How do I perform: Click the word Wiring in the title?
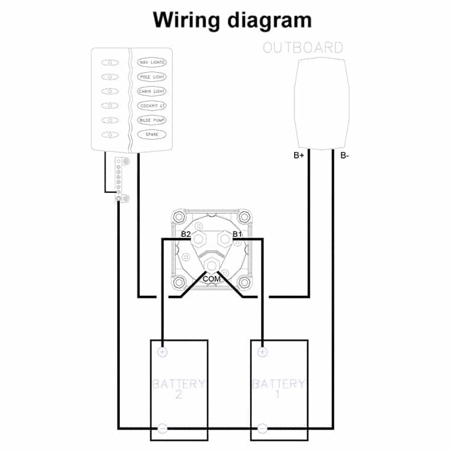186,20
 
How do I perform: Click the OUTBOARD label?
303,48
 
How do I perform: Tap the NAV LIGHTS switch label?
152,62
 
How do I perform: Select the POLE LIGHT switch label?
152,77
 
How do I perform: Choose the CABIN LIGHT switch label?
152,92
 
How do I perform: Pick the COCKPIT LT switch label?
152,106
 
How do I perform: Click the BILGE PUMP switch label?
152,120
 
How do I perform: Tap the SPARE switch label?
152,134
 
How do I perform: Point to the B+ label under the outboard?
299,155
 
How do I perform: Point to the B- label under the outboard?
345,155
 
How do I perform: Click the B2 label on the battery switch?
186,234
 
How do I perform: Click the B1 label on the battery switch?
237,234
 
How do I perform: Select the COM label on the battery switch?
212,279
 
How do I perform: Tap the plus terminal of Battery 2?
163,352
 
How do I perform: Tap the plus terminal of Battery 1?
262,352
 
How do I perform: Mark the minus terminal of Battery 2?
163,428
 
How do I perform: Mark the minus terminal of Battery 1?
262,428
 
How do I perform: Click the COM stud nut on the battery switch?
212,265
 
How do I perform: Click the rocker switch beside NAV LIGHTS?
110,63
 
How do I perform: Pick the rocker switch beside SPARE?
110,134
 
